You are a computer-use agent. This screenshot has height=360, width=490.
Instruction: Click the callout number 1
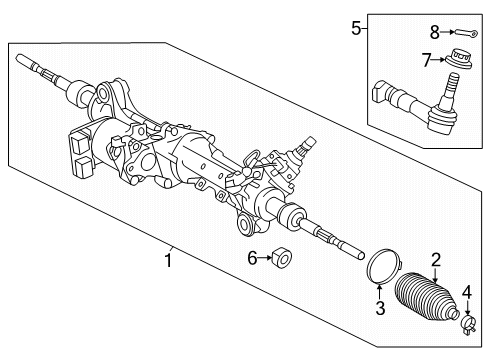point(171,262)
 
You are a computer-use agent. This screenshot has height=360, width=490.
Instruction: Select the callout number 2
point(435,260)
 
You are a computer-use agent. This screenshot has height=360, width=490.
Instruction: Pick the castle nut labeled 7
point(461,58)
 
